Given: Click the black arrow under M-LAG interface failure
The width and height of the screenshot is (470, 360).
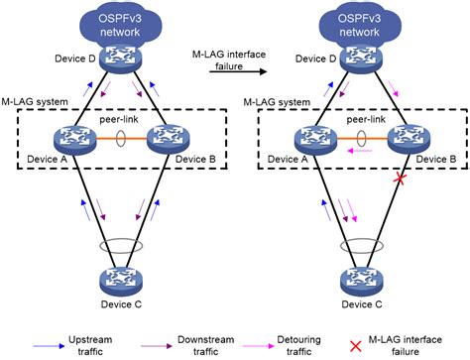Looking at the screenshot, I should point(236,71).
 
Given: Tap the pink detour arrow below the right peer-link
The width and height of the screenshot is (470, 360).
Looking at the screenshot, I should point(360,154).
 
